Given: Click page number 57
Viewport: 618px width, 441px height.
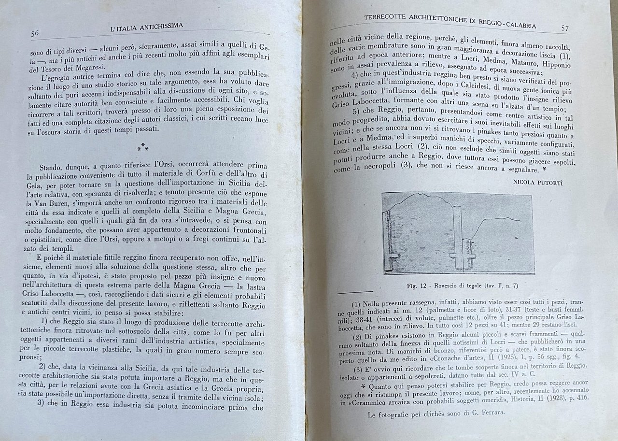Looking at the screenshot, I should click(x=564, y=28).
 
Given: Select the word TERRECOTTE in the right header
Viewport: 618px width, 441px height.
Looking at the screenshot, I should click(x=384, y=19).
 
